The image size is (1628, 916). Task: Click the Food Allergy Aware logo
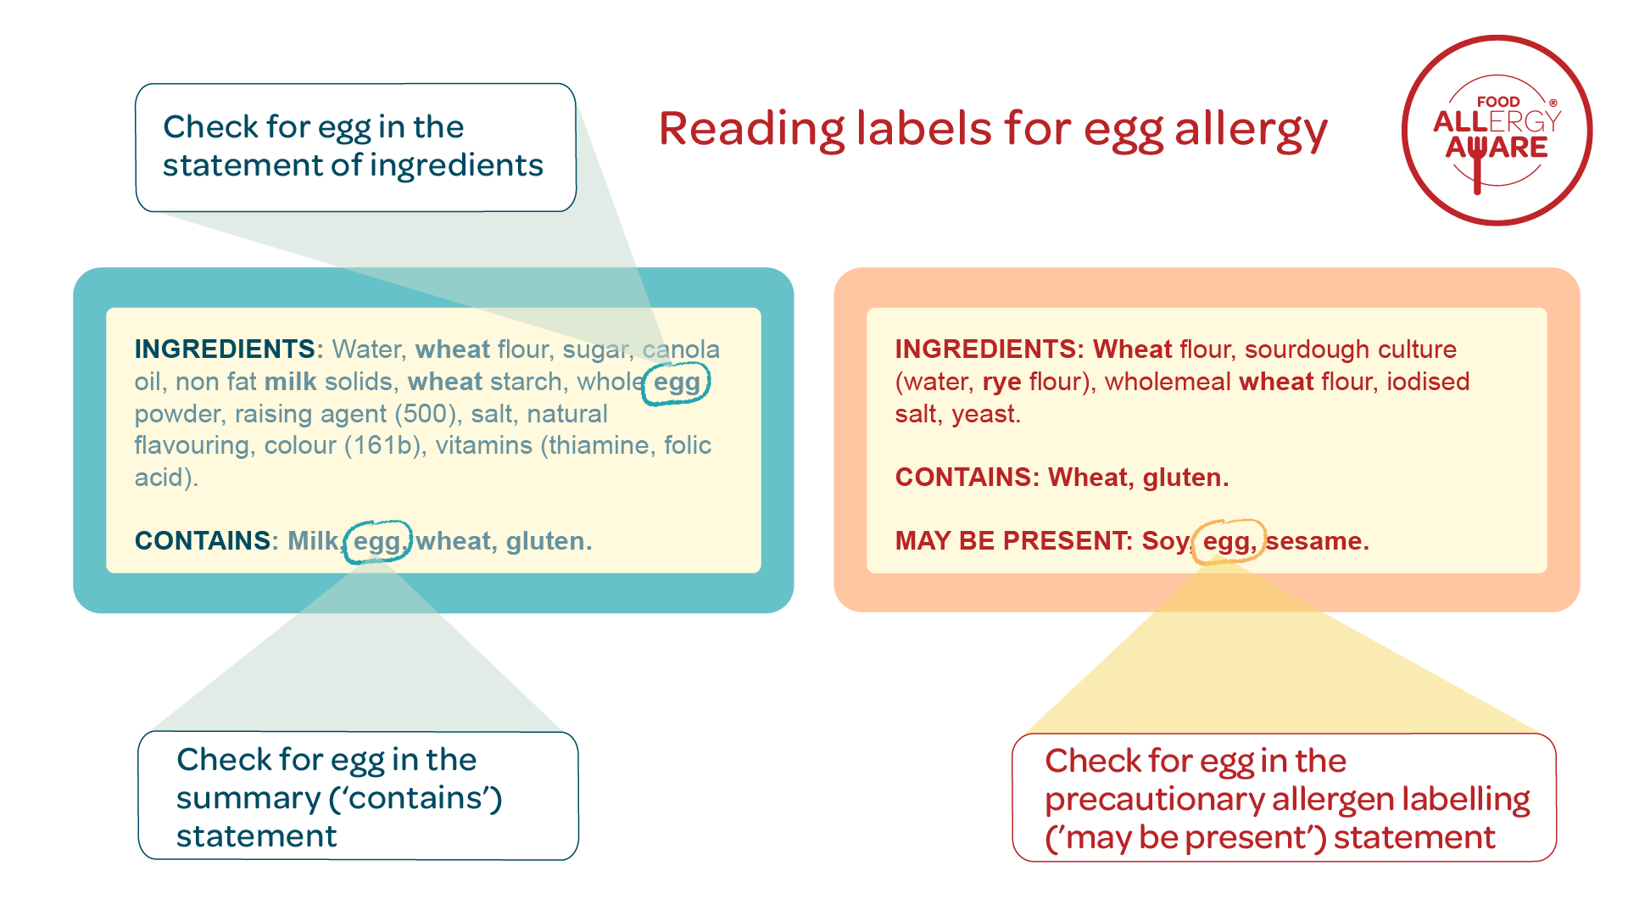point(1497,131)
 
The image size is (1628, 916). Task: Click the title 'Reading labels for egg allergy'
point(993,130)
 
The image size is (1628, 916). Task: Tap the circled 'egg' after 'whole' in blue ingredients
point(677,383)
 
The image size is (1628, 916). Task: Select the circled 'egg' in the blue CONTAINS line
point(377,541)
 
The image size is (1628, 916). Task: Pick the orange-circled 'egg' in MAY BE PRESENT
point(1229,541)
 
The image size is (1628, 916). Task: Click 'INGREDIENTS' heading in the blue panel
point(225,349)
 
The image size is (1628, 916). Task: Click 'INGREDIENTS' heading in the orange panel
point(986,349)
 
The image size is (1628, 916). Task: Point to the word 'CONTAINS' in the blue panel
point(203,541)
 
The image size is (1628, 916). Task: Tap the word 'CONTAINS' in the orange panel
point(963,478)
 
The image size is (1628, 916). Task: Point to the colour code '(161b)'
point(383,445)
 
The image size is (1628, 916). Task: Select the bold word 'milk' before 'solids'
point(290,382)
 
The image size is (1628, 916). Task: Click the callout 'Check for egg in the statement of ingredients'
point(356,148)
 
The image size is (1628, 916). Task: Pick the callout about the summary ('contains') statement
point(358,796)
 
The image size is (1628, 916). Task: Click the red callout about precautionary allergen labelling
point(1285,797)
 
